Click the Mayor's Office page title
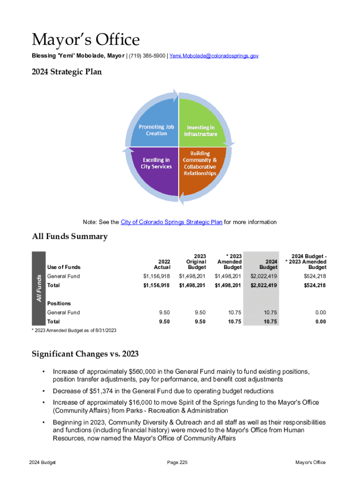click(86, 40)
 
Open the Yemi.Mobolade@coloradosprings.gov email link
click(214, 56)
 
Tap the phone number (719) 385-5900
click(147, 56)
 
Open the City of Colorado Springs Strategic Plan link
click(171, 222)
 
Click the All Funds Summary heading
click(70, 237)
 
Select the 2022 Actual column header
click(162, 264)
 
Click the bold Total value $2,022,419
click(264, 285)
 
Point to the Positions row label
click(59, 304)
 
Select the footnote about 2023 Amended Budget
click(74, 331)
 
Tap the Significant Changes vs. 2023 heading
click(85, 353)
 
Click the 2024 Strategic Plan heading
click(66, 73)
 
